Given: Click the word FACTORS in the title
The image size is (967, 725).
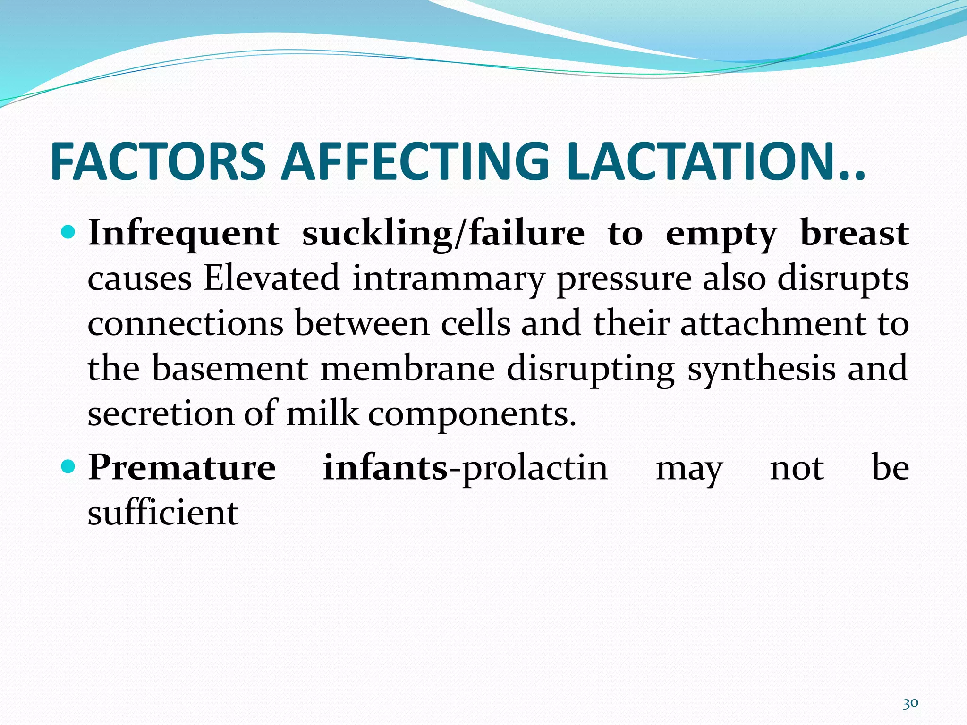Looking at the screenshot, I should pyautogui.click(x=158, y=162).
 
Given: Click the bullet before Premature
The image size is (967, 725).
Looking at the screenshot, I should pyautogui.click(x=68, y=467).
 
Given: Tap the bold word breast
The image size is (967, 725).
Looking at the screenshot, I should pyautogui.click(x=855, y=233).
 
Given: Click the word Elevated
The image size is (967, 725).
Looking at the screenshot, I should pyautogui.click(x=271, y=278).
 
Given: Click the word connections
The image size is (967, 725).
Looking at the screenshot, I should pyautogui.click(x=186, y=324).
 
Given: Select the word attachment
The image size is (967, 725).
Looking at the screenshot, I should pyautogui.click(x=773, y=324).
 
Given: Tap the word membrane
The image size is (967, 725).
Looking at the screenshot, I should pyautogui.click(x=407, y=369).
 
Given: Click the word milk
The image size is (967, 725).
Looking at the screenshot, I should pyautogui.click(x=322, y=413).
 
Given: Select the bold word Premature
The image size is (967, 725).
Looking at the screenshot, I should pyautogui.click(x=182, y=468).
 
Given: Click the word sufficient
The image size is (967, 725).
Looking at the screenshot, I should pyautogui.click(x=163, y=513).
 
